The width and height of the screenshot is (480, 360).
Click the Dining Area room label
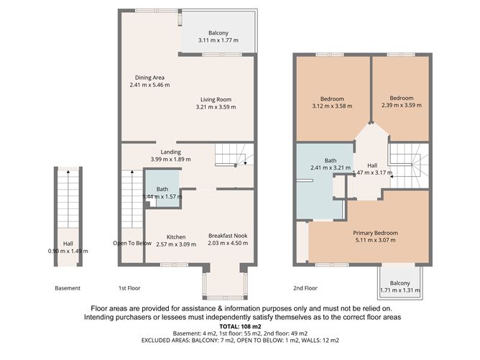149,78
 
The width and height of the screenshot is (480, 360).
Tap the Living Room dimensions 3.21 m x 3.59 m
216,107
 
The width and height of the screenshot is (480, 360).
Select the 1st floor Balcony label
218,33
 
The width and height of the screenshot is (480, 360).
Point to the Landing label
170,152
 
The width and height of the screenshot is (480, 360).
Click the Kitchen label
176,237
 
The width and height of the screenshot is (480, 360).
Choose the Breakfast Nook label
228,236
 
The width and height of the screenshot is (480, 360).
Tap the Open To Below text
132,244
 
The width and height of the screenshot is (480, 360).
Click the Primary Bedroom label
375,233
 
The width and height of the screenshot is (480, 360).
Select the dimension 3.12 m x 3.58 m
332,106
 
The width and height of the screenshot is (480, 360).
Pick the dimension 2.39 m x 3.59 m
402,106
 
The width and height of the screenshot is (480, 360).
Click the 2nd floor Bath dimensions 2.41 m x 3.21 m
331,167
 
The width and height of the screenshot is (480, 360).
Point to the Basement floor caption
68,288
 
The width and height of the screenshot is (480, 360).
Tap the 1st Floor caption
129,288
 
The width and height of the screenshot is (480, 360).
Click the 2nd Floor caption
305,288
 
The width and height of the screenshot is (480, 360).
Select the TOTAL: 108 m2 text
240,326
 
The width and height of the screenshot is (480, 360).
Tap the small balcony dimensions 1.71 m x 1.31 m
400,290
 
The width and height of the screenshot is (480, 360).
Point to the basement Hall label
68,244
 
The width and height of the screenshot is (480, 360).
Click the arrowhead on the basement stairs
68,172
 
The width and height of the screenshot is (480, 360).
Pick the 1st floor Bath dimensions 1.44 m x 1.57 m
162,197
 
